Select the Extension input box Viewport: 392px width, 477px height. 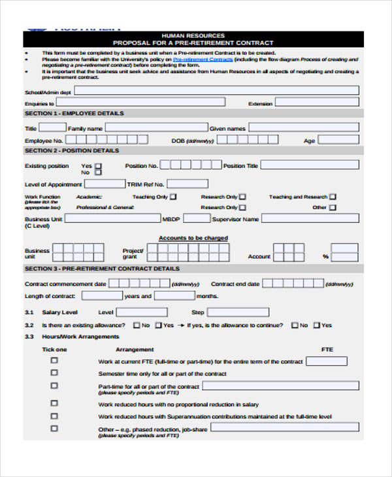(316, 103)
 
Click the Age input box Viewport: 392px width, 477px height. (339, 140)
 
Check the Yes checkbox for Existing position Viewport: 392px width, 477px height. (98, 166)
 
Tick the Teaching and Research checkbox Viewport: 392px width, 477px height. (333, 197)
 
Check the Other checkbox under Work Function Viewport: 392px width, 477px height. (333, 208)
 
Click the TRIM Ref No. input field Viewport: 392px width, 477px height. (188, 184)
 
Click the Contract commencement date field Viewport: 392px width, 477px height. (139, 284)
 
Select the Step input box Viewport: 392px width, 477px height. (237, 312)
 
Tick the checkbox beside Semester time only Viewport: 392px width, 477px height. (54, 372)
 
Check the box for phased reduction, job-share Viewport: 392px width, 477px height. (54, 428)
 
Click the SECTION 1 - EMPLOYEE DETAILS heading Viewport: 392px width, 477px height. (74, 114)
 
